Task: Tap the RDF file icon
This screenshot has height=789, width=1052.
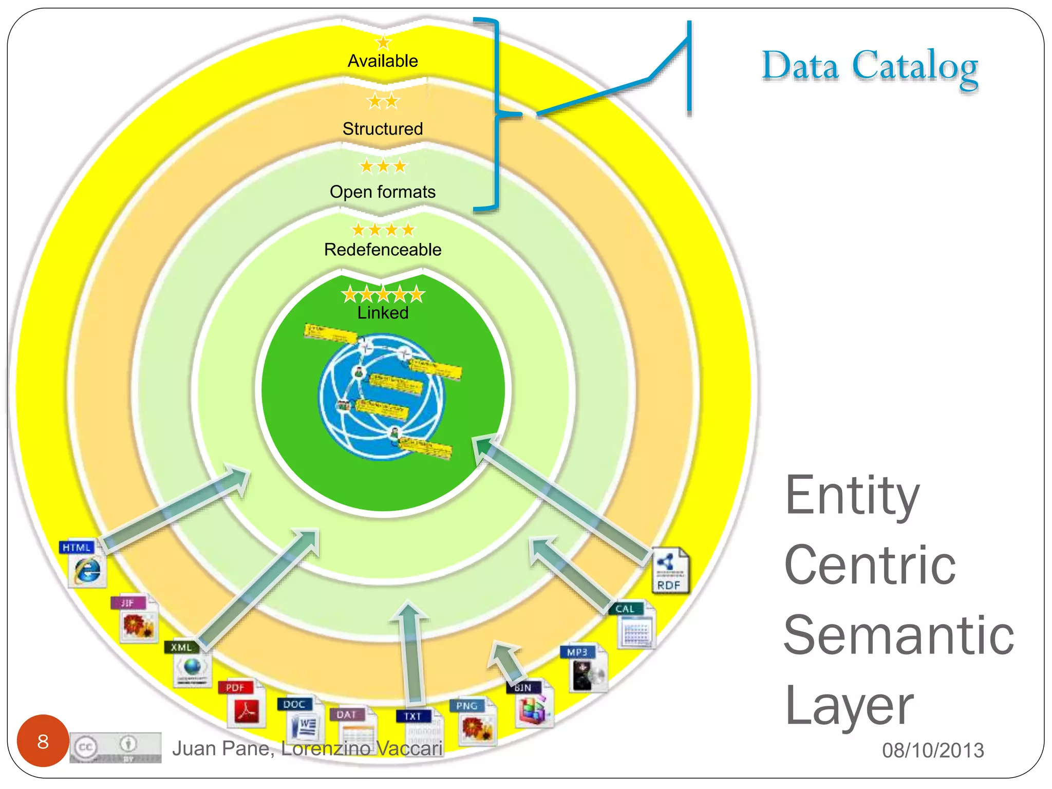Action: tap(670, 571)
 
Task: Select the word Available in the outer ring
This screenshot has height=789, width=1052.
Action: tap(383, 61)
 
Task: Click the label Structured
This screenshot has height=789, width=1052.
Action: tap(383, 129)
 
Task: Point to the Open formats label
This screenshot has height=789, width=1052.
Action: tap(383, 192)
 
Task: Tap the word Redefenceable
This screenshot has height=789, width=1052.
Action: tap(383, 250)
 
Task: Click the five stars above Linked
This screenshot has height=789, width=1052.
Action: tap(383, 294)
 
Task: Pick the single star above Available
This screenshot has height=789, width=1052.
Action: tap(383, 43)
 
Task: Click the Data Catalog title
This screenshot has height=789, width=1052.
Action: tap(869, 67)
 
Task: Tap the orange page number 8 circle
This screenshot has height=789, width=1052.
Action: tap(43, 741)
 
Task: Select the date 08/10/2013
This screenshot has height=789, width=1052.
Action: tap(932, 750)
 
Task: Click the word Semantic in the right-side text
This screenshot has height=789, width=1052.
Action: tap(898, 636)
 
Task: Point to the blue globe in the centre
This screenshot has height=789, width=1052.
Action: tap(381, 397)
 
